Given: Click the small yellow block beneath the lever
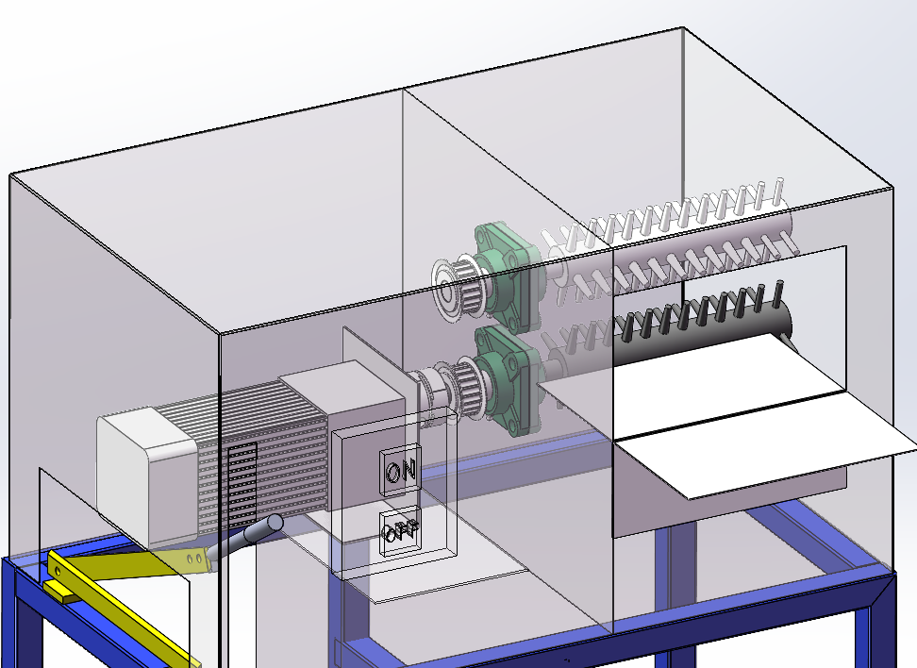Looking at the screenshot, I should tap(58, 590).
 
